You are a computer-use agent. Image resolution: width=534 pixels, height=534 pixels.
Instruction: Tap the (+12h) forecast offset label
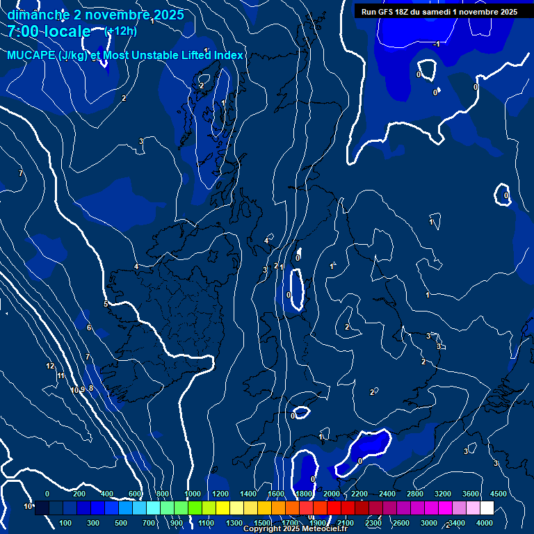pos(120,31)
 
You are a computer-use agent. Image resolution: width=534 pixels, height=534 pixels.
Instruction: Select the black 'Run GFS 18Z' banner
pos(439,12)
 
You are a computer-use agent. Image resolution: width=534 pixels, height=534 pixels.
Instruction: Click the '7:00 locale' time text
pos(49,31)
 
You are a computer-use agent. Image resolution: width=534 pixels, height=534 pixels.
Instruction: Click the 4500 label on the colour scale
pos(499,494)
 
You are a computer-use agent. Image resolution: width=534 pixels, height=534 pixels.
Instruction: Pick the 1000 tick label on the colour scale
pos(193,494)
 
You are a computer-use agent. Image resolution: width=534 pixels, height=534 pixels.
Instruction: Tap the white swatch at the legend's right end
pos(486,508)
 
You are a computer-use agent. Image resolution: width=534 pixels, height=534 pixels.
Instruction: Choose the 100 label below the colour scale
pos(66,523)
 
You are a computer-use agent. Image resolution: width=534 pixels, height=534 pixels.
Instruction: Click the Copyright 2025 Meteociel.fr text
pos(295,529)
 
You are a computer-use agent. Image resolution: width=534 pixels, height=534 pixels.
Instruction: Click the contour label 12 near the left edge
pos(50,366)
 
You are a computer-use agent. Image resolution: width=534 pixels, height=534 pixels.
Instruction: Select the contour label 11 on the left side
pos(61,376)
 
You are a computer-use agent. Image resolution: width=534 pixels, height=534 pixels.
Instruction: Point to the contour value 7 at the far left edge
pos(21,173)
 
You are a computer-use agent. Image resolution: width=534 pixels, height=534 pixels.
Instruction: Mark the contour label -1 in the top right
pos(436,44)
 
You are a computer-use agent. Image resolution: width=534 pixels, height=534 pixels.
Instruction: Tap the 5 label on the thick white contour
pos(106,304)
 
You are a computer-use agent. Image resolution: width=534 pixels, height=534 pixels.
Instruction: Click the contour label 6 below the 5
pos(88,327)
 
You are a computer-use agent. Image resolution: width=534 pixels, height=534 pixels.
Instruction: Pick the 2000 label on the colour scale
pos(332,494)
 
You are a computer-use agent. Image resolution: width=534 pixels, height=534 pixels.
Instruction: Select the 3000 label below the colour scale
pos(429,523)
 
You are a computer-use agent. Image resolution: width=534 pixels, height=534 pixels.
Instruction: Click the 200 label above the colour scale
pos(79,494)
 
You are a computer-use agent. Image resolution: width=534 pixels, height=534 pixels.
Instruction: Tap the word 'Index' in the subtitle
pos(226,56)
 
